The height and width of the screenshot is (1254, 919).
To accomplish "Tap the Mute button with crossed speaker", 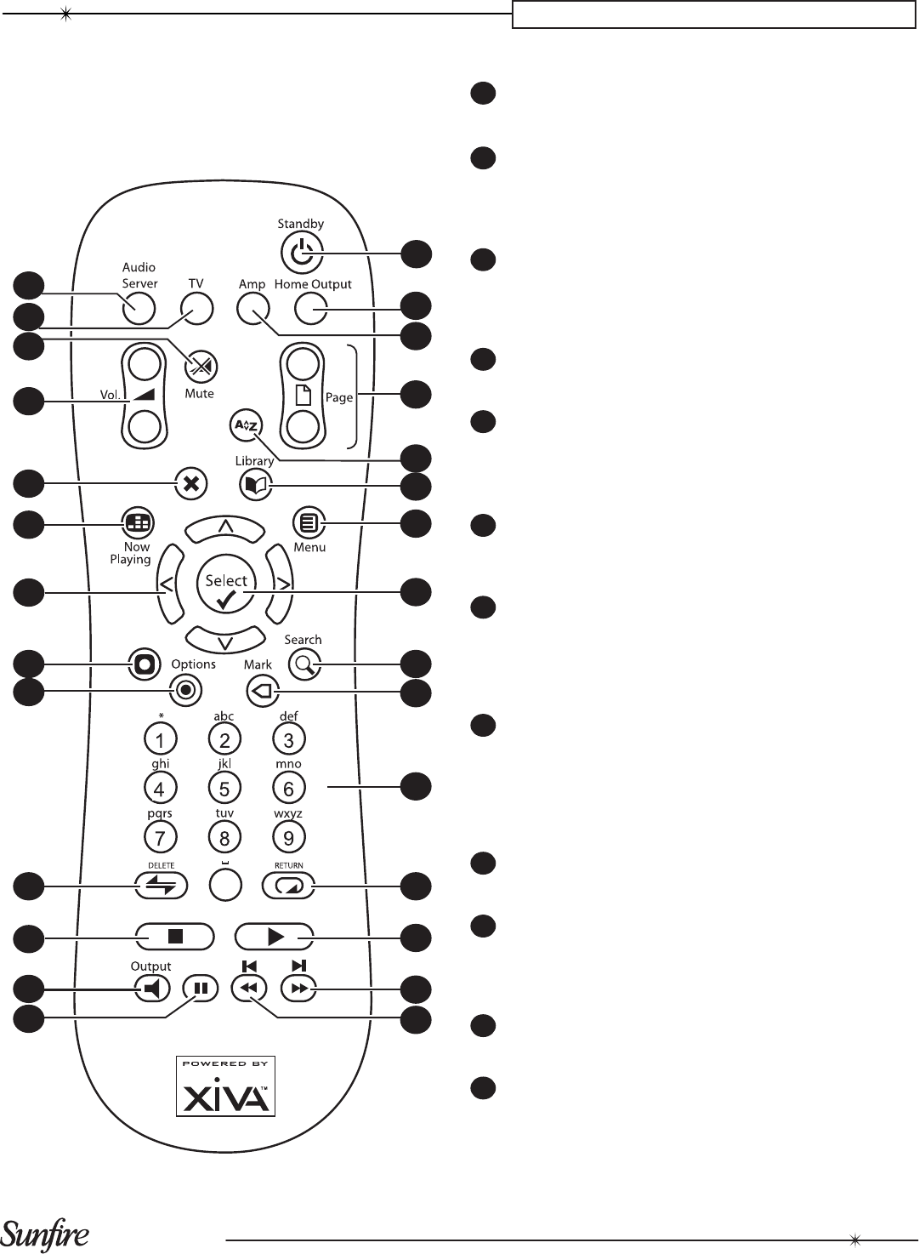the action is (201, 366).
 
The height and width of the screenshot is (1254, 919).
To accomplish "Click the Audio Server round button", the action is (139, 309).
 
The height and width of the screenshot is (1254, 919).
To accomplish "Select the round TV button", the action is (196, 309).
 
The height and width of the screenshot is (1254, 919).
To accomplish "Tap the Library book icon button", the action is (256, 486).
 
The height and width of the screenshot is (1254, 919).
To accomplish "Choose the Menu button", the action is (309, 523).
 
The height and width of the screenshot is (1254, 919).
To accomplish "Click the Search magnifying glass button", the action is (304, 664).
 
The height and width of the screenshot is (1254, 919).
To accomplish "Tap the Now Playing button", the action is (137, 523).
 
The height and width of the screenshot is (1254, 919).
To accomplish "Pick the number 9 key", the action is (289, 838).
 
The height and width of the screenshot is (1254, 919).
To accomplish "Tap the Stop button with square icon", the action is (175, 937).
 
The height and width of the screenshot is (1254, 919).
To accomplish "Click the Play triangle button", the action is (275, 937).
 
